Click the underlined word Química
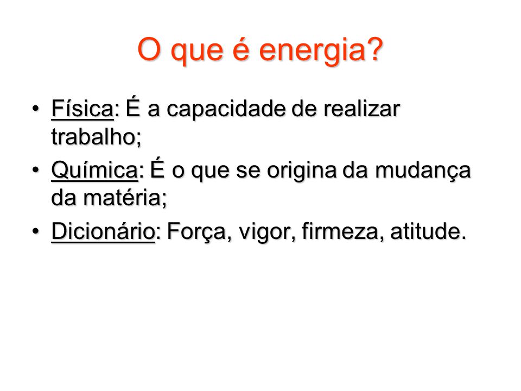pos(94,170)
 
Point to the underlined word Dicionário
pos(103,231)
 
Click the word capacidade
pos(226,110)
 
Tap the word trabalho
pos(93,136)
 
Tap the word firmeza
pos(340,231)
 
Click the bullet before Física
pos(36,109)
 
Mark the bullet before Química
pos(36,170)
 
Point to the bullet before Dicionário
pos(36,231)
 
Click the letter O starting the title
pos(149,49)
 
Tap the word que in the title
pos(196,52)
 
